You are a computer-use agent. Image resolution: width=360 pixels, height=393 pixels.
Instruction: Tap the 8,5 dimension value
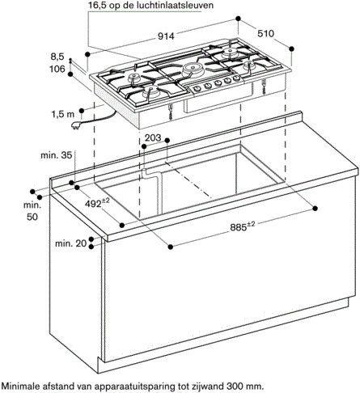(57, 57)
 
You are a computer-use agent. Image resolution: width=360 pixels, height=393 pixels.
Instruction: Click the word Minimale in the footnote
(23, 386)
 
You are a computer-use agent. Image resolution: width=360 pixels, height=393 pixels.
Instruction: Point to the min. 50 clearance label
(32, 212)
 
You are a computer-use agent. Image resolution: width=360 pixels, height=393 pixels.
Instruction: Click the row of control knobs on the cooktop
(210, 85)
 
